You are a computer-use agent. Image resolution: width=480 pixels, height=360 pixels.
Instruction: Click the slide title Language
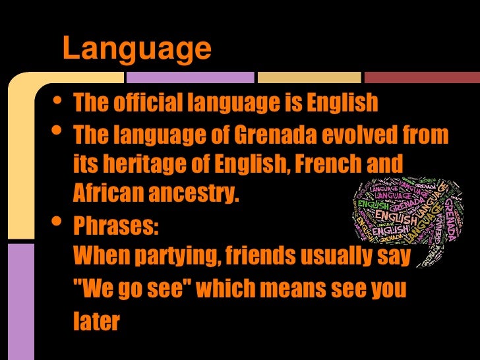point(136,49)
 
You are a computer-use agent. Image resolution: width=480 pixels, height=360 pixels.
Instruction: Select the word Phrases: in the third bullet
point(116,226)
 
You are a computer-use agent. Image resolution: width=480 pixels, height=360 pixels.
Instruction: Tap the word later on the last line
point(96,321)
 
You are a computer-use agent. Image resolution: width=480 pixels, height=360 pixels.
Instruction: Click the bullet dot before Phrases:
point(57,222)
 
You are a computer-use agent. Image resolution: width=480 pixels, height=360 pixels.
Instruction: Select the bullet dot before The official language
point(57,100)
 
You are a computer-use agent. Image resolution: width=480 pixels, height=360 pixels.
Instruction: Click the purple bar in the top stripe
point(190,77)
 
